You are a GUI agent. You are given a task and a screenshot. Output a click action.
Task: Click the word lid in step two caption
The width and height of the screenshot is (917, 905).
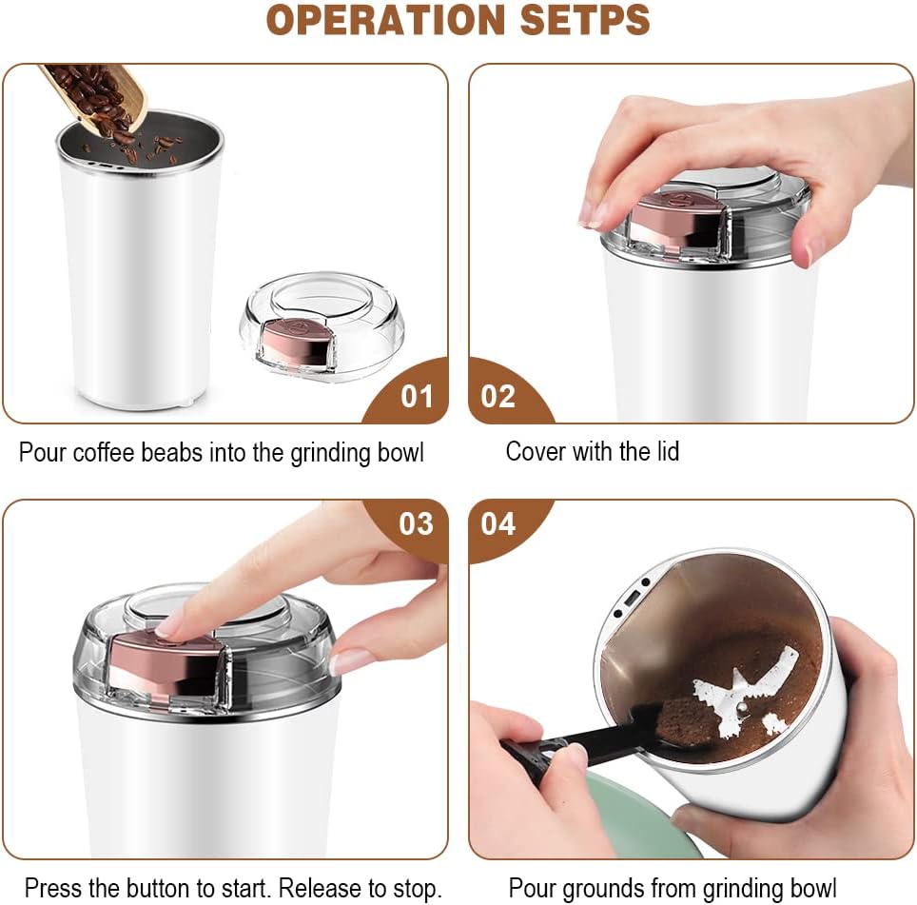tap(666, 452)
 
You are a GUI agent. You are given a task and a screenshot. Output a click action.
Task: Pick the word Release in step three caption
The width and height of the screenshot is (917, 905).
tap(321, 888)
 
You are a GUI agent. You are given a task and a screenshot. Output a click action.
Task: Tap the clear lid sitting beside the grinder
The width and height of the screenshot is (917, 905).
tap(322, 325)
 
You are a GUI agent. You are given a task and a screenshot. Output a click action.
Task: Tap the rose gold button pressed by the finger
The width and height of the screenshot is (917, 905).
tap(166, 667)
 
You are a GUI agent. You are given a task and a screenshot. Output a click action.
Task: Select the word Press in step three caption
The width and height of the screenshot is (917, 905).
tap(53, 888)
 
